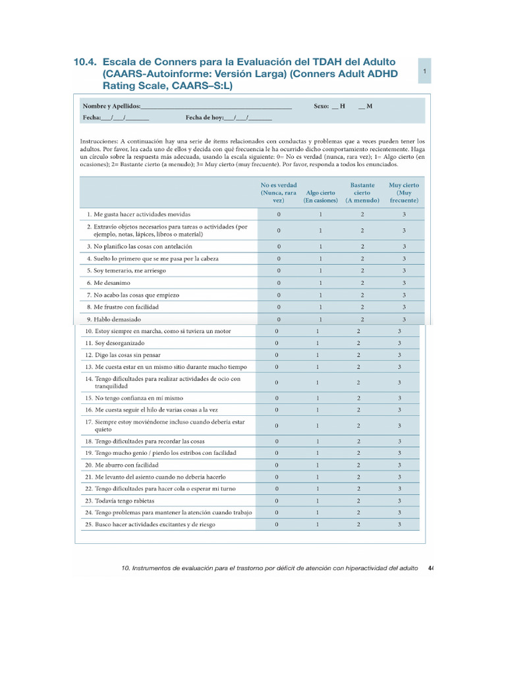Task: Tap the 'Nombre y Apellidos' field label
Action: pos(111,106)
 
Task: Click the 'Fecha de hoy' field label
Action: pos(204,118)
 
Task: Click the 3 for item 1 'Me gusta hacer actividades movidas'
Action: pos(404,215)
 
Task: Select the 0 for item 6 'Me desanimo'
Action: pos(279,283)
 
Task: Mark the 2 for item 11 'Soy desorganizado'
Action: pos(358,343)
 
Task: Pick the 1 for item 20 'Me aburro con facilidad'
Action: pos(318,465)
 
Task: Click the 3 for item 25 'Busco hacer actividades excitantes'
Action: pos(399,525)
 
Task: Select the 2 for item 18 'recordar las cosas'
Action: pos(358,441)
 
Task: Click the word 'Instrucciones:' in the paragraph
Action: pos(99,142)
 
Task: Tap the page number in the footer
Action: pos(430,568)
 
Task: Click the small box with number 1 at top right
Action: pos(425,71)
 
